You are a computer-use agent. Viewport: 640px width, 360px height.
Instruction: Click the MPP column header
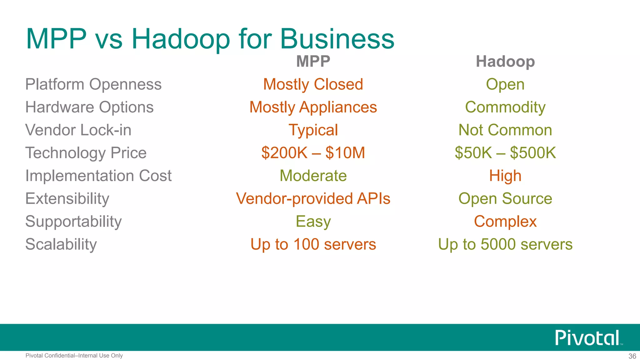[x=313, y=61]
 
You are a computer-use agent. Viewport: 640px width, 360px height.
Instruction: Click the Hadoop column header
[x=505, y=61]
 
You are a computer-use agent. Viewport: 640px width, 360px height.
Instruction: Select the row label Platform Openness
[x=93, y=84]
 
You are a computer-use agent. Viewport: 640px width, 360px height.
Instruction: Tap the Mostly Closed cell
[x=313, y=84]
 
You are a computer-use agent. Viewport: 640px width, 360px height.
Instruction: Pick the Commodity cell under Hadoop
[x=505, y=107]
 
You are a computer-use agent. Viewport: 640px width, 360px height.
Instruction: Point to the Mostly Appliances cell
[x=313, y=107]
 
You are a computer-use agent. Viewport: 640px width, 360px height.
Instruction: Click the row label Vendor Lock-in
[x=78, y=130]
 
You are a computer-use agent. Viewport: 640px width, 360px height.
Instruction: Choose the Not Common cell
[x=505, y=130]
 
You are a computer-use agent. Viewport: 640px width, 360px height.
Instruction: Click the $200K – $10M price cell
[x=313, y=153]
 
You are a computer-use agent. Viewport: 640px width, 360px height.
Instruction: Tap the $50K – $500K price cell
[x=505, y=153]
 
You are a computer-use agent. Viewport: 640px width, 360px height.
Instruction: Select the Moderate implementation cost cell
[x=313, y=176]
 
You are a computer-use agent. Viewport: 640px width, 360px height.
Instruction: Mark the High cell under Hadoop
[x=505, y=176]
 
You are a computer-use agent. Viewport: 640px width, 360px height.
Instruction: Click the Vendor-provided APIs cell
[x=313, y=198]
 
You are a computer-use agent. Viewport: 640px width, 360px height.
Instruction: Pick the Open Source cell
[x=505, y=198]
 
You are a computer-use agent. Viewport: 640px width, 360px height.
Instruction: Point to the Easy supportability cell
[x=313, y=222]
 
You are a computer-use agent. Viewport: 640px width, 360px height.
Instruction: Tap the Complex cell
[x=505, y=222]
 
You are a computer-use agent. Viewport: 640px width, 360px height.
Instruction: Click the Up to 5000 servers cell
[x=505, y=244]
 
